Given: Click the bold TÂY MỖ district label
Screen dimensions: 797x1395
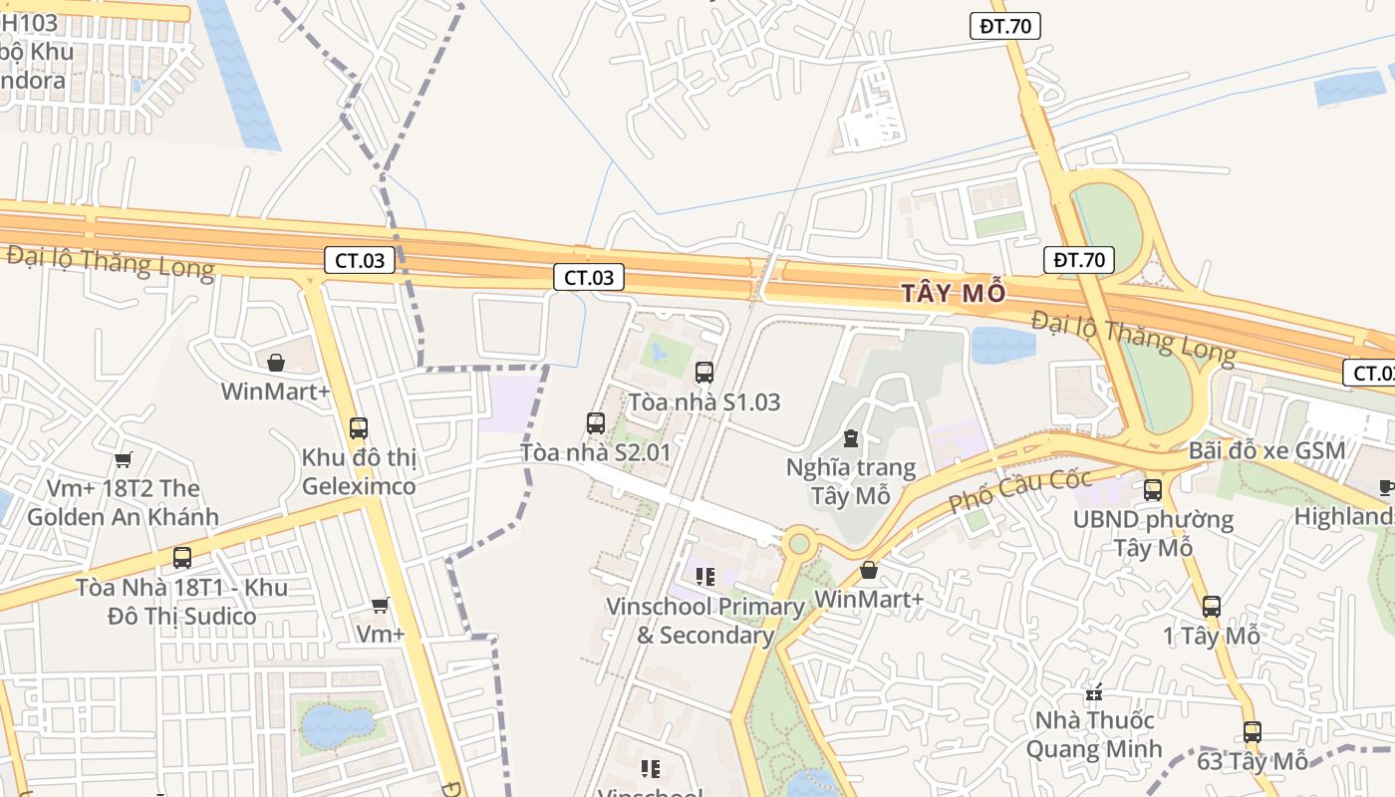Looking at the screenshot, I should pyautogui.click(x=954, y=293).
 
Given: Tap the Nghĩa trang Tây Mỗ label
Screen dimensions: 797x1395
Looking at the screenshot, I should pyautogui.click(x=850, y=481).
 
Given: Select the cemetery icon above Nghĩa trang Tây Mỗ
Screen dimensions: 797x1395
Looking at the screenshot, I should pyautogui.click(x=851, y=438).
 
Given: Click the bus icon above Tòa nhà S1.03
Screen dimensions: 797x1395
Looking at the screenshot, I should pyautogui.click(x=704, y=373).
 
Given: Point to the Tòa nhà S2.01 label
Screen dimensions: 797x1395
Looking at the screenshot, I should pyautogui.click(x=595, y=452).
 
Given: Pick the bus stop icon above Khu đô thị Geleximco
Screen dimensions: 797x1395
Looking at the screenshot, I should pyautogui.click(x=359, y=428).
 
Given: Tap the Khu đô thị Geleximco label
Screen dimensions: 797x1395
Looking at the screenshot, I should pyautogui.click(x=359, y=472).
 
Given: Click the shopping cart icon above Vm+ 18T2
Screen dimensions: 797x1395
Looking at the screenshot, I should pyautogui.click(x=123, y=459).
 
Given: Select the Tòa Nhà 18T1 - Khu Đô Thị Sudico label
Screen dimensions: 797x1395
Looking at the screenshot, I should pyautogui.click(x=181, y=602).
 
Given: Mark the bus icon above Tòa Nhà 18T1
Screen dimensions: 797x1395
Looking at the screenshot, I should pyautogui.click(x=181, y=558).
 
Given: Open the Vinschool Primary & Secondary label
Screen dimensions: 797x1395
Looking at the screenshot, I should pyautogui.click(x=705, y=620).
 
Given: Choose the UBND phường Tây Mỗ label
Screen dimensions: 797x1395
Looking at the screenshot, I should pyautogui.click(x=1153, y=533).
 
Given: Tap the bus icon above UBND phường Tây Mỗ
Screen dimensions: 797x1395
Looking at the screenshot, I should pyautogui.click(x=1153, y=489).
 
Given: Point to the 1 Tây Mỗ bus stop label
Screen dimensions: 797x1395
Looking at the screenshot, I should pyautogui.click(x=1211, y=636).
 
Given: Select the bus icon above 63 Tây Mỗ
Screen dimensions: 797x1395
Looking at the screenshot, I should pyautogui.click(x=1253, y=732).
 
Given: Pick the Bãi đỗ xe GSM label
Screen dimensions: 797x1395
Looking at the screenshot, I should pyautogui.click(x=1266, y=450).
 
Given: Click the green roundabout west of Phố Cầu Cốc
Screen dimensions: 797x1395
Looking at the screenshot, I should pyautogui.click(x=798, y=543).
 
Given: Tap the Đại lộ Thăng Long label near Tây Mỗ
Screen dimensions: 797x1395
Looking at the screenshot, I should pyautogui.click(x=1133, y=337).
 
